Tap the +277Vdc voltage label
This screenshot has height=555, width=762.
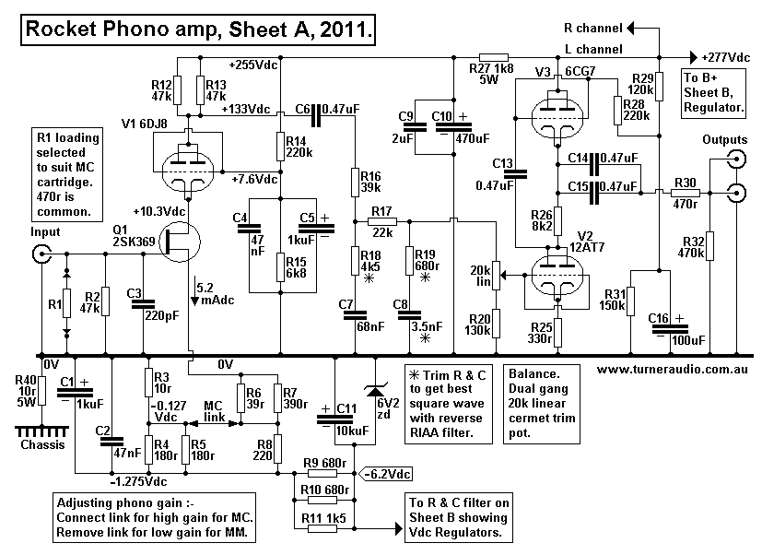(x=728, y=56)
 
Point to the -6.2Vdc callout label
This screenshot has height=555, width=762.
(x=387, y=474)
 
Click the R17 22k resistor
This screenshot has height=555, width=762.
(x=382, y=221)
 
